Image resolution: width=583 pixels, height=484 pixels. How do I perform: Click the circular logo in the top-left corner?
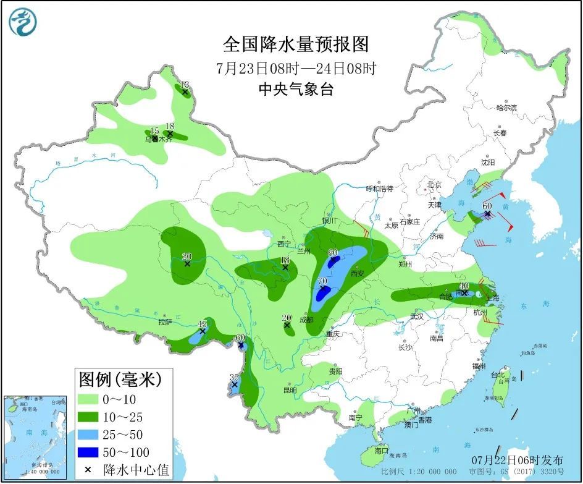click(x=23, y=22)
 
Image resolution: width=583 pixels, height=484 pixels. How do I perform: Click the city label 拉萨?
click(x=164, y=322)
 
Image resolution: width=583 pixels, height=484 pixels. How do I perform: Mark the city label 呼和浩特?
click(x=379, y=189)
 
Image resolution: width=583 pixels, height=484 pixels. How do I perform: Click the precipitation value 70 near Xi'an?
click(x=322, y=281)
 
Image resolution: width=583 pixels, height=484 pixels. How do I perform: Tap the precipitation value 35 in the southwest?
click(x=234, y=377)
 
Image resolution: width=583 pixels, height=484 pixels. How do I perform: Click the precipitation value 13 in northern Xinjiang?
click(x=184, y=85)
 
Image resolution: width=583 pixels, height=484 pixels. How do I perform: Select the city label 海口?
click(x=381, y=451)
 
